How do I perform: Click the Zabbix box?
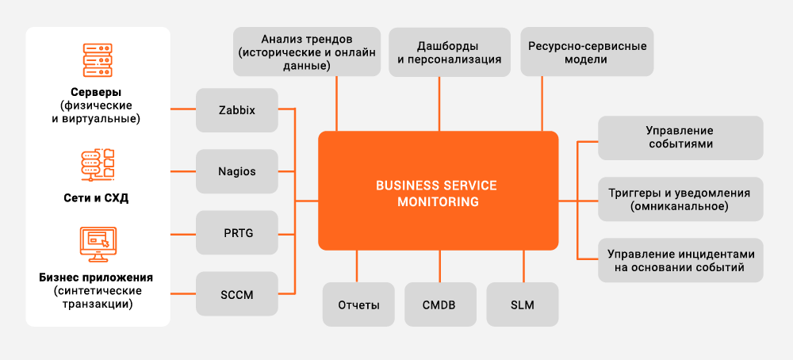click(237, 110)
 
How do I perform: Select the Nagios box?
click(237, 171)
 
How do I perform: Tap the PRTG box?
click(237, 233)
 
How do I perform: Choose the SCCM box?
click(237, 294)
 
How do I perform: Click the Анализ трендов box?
click(306, 52)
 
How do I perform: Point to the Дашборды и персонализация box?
click(449, 52)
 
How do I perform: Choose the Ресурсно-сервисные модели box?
click(587, 52)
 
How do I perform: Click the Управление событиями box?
click(680, 137)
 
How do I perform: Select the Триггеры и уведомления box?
click(680, 199)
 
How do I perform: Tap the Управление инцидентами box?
click(680, 260)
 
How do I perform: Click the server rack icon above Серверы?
click(98, 59)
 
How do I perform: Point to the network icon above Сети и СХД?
click(98, 163)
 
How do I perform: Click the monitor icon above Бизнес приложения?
click(98, 244)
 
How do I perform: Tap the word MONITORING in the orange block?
click(438, 201)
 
